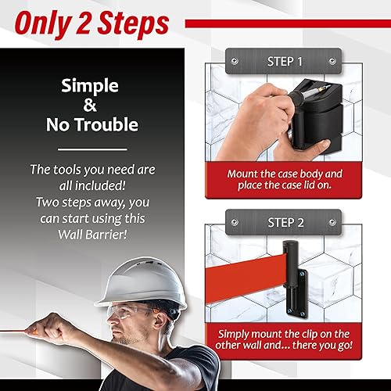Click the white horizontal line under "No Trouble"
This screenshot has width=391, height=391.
click(93, 149)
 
